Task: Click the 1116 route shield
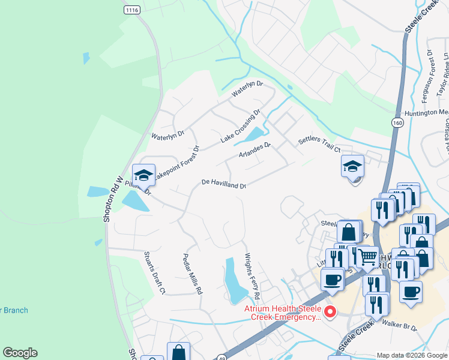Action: pos(132,10)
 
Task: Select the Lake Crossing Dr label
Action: pos(240,126)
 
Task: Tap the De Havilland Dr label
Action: pos(224,183)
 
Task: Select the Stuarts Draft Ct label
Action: pos(154,273)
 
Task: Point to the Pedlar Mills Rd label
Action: pos(193,273)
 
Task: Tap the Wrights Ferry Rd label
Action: pos(251,276)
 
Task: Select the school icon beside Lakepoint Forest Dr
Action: pos(144,175)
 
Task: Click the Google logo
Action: pos(20,353)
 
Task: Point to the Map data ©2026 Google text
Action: pos(412,355)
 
